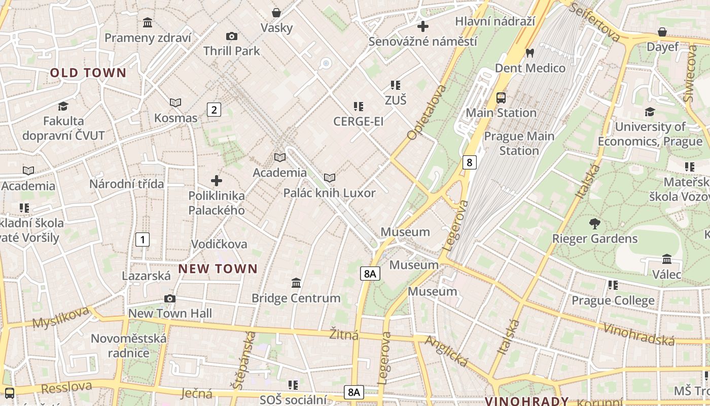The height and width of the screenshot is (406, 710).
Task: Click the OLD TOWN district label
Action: point(88,73)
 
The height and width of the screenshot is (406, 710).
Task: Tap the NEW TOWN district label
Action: point(218,269)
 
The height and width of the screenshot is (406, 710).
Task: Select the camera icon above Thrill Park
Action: point(232,37)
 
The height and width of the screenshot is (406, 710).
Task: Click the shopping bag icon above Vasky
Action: point(276,13)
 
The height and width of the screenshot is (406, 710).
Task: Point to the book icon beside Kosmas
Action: point(175,103)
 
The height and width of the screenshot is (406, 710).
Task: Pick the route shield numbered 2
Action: point(214,109)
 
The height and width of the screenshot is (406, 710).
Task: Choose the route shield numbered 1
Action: point(143,240)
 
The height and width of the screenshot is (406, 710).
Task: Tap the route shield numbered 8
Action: point(470,162)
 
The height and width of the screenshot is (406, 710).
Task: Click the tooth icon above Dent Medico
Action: point(530,53)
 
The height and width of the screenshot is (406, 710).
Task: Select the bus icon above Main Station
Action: point(501,97)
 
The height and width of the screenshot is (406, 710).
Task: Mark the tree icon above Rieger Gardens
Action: point(595,223)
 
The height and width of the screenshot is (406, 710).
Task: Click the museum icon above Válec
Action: point(667,259)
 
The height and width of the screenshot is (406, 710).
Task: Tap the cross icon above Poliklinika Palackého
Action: point(217,181)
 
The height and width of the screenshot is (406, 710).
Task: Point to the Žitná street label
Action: point(344,334)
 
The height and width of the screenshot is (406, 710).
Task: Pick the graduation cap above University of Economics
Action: point(650,112)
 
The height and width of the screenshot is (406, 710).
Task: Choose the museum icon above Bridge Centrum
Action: point(296,283)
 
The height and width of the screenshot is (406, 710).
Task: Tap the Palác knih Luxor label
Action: point(330,193)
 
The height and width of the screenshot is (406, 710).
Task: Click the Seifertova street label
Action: point(595,21)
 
